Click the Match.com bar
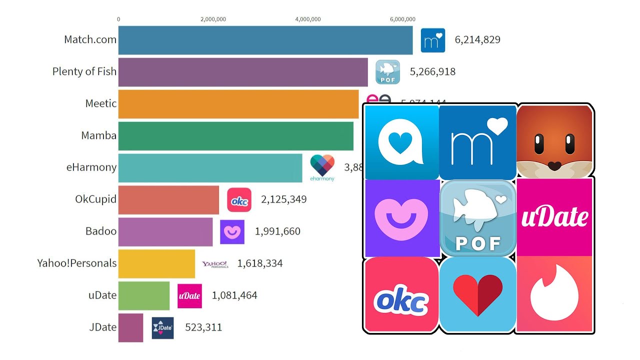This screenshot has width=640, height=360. pyautogui.click(x=265, y=40)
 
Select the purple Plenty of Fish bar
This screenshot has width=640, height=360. pyautogui.click(x=243, y=72)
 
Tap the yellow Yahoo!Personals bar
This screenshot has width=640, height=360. pyautogui.click(x=156, y=263)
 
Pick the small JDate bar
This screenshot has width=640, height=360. pyautogui.click(x=130, y=327)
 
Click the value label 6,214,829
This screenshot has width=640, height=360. pyautogui.click(x=477, y=40)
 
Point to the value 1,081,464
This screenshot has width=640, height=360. pyautogui.click(x=234, y=295)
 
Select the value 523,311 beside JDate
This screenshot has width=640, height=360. pyautogui.click(x=203, y=327)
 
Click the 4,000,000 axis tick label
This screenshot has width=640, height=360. pyautogui.click(x=308, y=19)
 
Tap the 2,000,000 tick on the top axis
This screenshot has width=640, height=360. pyautogui.click(x=213, y=19)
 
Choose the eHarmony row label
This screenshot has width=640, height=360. pyautogui.click(x=91, y=167)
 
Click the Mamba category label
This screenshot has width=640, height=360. pyautogui.click(x=99, y=135)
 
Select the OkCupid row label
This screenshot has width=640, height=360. pyautogui.click(x=95, y=199)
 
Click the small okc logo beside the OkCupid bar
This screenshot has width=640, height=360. pyautogui.click(x=239, y=199)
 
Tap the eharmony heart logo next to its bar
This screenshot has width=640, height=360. pyautogui.click(x=322, y=166)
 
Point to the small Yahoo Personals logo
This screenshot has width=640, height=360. pyautogui.click(x=215, y=264)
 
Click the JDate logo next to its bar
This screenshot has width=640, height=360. pyautogui.click(x=162, y=328)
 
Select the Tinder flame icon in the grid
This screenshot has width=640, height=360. pyautogui.click(x=553, y=294)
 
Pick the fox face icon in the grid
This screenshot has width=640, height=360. pyautogui.click(x=554, y=141)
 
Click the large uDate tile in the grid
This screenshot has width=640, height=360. pyautogui.click(x=554, y=217)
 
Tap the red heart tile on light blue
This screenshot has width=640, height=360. pyautogui.click(x=477, y=294)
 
